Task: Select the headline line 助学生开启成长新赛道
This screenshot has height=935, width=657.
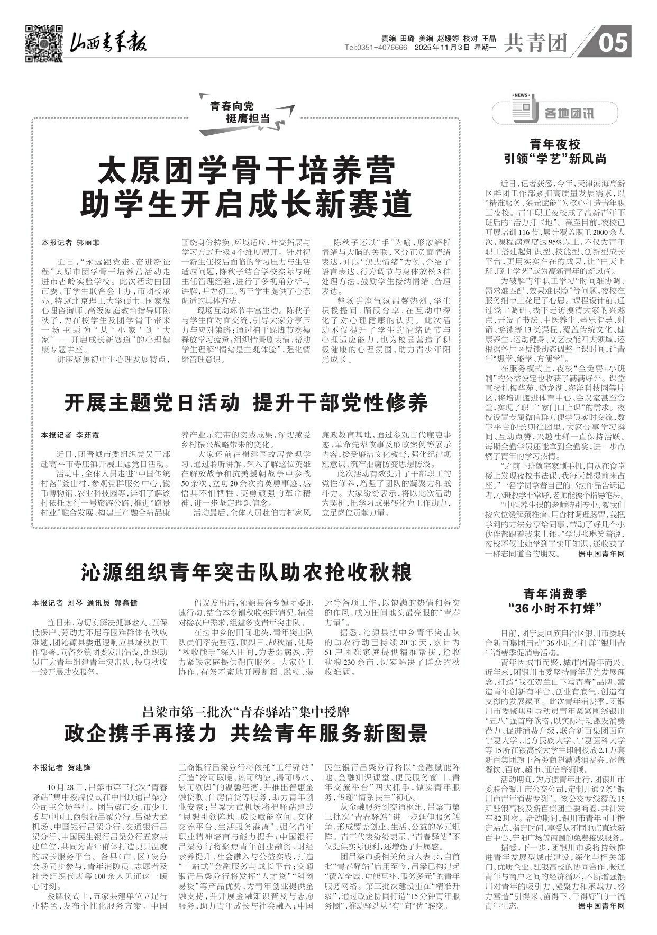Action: tap(247, 203)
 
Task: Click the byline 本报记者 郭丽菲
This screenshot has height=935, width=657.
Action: tap(70, 243)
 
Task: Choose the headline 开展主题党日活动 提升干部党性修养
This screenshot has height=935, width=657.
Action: tap(246, 404)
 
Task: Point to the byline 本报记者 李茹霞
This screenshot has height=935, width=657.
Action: tap(70, 435)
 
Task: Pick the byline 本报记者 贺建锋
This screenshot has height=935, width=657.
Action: tap(61, 767)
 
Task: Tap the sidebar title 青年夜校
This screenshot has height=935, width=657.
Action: tap(555, 144)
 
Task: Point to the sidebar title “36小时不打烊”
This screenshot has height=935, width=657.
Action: tap(555, 608)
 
